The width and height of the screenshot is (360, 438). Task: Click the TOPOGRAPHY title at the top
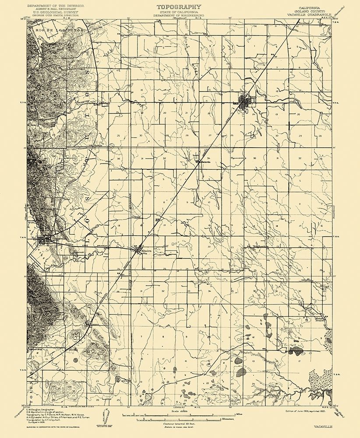178,7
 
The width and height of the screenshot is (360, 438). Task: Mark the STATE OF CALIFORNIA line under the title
178,12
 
